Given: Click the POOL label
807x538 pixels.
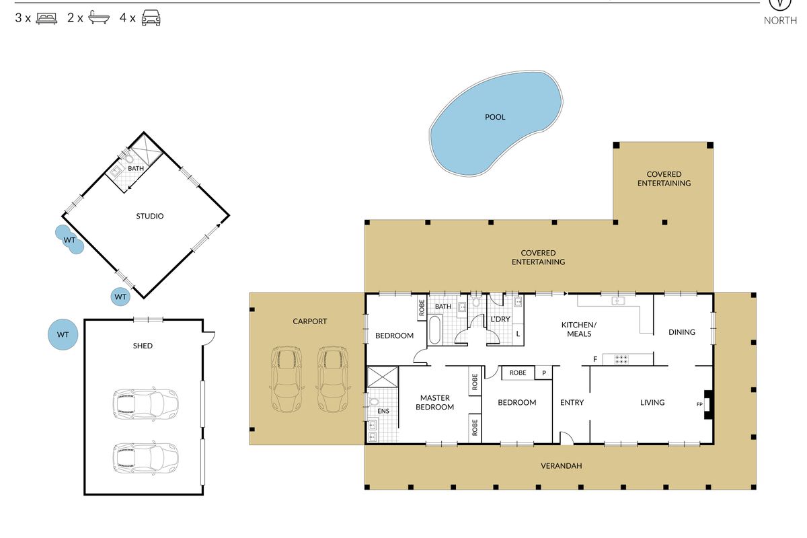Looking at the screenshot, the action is pyautogui.click(x=495, y=117).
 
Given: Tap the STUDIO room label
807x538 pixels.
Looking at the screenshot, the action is pyautogui.click(x=150, y=217).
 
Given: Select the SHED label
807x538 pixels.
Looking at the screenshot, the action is pyautogui.click(x=143, y=346).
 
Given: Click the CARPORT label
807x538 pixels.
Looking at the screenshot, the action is pyautogui.click(x=309, y=321).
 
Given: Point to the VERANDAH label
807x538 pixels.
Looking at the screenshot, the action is pyautogui.click(x=562, y=466).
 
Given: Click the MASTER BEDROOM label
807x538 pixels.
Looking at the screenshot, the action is pyautogui.click(x=435, y=403).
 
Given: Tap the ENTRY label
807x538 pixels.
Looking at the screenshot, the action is pyautogui.click(x=572, y=403).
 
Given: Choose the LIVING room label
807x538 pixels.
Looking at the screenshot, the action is pyautogui.click(x=652, y=403).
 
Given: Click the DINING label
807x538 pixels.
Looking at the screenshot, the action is pyautogui.click(x=682, y=332).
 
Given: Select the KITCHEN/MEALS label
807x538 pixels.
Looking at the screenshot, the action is pyautogui.click(x=579, y=330).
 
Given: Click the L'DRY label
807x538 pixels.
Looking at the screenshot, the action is pyautogui.click(x=500, y=319).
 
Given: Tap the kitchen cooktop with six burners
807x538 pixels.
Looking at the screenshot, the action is pyautogui.click(x=621, y=359).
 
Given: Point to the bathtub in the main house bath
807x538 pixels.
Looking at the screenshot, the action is pyautogui.click(x=434, y=330).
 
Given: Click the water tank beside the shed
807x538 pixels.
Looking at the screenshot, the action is pyautogui.click(x=63, y=335).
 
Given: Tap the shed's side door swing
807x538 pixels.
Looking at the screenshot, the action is pyautogui.click(x=209, y=338).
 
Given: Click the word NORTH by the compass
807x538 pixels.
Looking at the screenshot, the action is pyautogui.click(x=780, y=21).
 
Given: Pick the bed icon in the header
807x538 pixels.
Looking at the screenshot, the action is pyautogui.click(x=46, y=18).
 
